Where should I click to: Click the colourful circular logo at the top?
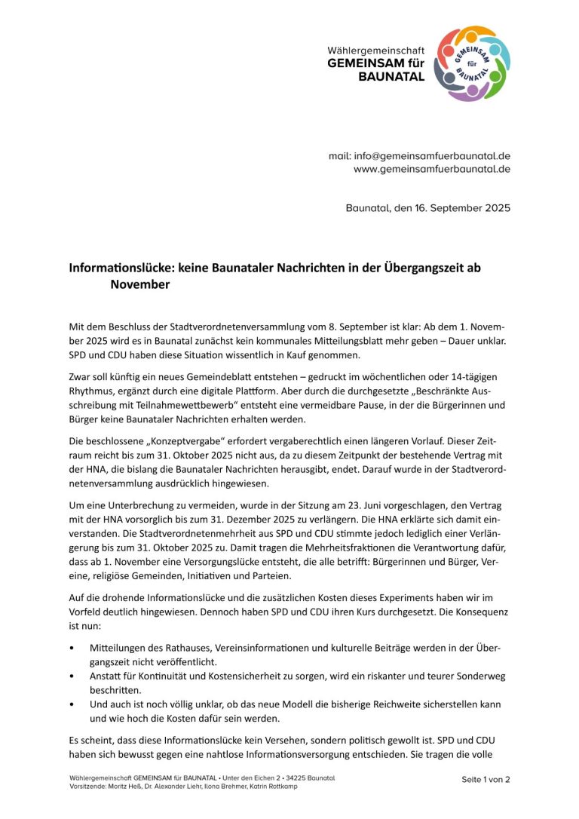pos(473,63)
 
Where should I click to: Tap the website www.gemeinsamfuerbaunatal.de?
pos(432,169)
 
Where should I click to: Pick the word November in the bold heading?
pos(140,284)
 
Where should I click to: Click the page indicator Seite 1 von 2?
pos(486,780)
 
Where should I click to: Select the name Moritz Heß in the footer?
pos(125,786)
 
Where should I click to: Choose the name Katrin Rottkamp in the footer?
pos(277,786)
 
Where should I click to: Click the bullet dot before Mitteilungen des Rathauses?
pos(72,648)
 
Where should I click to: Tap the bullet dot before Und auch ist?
pos(72,704)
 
